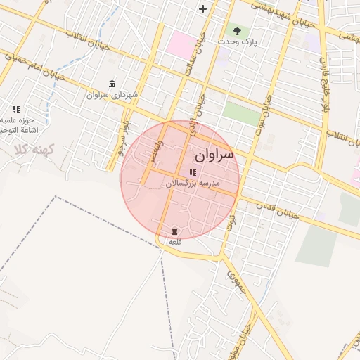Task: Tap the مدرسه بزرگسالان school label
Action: tap(193, 183)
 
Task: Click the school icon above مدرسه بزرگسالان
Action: tap(193, 172)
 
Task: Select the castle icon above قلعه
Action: tap(174, 232)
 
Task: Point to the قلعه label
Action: tap(174, 242)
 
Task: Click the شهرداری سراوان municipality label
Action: tap(112, 94)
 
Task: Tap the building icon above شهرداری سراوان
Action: tap(112, 84)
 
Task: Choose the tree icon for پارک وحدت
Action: tap(237, 31)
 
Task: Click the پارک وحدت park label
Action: tap(237, 41)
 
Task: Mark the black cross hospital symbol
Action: tap(203, 9)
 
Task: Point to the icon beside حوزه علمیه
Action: tap(16, 109)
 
